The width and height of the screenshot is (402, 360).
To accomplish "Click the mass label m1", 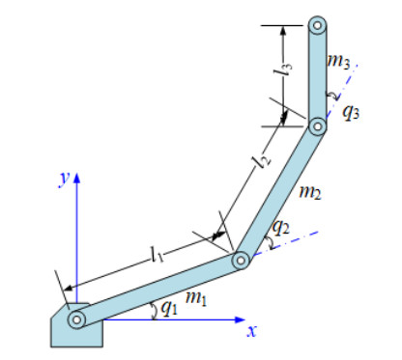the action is pos(196,298).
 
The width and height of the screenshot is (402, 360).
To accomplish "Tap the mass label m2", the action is pos(310,192).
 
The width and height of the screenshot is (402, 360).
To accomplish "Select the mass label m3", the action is pos(338,61).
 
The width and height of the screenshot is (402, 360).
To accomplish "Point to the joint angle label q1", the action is pos(169,309).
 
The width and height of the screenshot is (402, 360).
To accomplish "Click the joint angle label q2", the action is pos(281,227).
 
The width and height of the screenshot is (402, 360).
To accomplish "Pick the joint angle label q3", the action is pos(351,112).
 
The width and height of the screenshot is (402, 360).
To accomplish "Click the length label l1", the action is pos(158,254).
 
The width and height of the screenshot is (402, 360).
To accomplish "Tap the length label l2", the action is pos(263,159).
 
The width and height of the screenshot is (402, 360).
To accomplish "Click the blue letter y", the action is pos(65,179).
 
